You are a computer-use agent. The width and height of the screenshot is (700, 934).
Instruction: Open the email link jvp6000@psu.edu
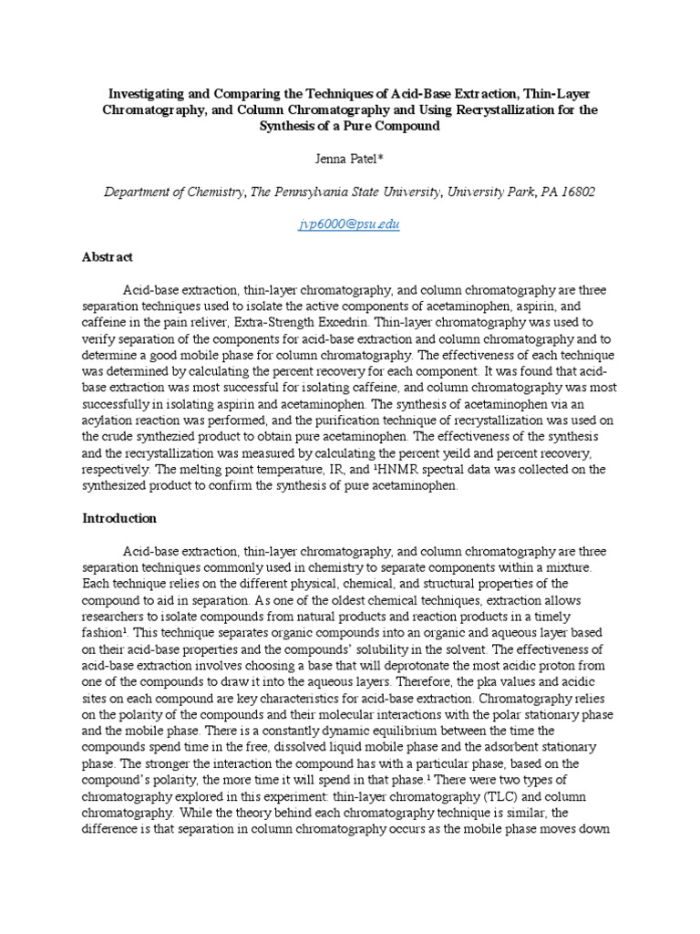349,223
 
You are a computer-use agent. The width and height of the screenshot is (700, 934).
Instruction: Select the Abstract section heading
108,257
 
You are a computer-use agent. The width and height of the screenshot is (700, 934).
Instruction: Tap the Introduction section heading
119,518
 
